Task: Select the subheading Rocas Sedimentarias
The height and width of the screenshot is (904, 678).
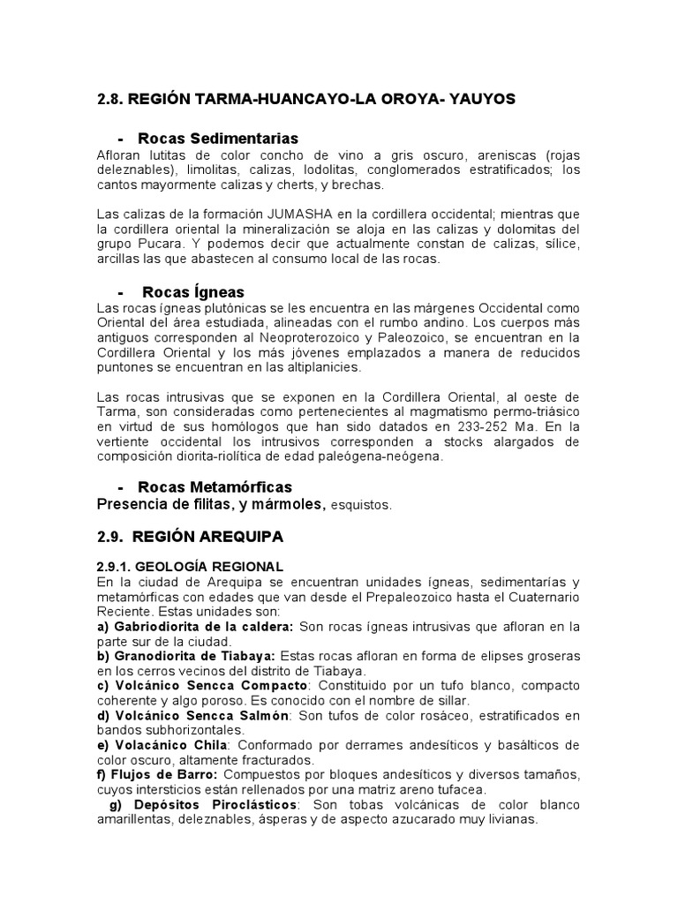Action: [218, 139]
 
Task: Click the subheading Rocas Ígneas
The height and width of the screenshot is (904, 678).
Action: [193, 291]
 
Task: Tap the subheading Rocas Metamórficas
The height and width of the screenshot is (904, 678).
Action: [215, 487]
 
